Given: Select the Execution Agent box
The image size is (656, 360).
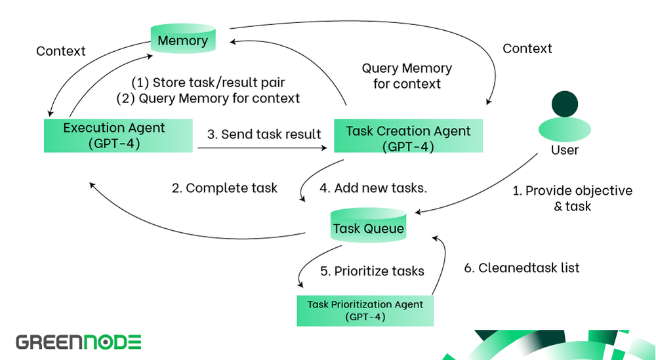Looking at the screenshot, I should pos(119,136).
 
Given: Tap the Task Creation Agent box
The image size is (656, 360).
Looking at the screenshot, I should pos(408,138).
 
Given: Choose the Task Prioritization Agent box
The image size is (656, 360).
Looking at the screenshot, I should pos(365,310).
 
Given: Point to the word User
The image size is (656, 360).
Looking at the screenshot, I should pos(565,150).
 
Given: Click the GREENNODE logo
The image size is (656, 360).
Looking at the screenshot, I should pos(79,342).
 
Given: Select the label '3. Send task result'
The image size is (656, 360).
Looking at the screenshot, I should pos(264,134).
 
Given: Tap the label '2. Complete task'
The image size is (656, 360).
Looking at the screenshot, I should pos(224,188).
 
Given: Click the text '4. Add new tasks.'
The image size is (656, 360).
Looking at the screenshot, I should pos(373,188).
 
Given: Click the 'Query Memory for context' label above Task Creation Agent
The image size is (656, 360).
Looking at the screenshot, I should pos(407,75).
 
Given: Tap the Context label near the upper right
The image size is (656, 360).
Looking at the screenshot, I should pos(527,49).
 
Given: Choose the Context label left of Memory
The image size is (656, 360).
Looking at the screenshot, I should pos(62,50).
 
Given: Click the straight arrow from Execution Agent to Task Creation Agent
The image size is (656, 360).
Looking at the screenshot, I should pos(262,149).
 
